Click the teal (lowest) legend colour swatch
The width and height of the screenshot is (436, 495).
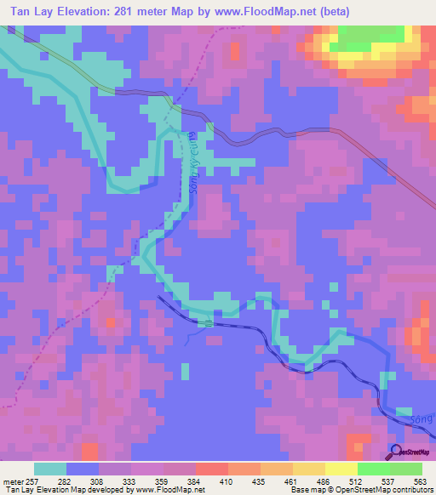pos(50,469)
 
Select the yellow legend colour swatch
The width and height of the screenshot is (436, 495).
pos(341,469)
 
